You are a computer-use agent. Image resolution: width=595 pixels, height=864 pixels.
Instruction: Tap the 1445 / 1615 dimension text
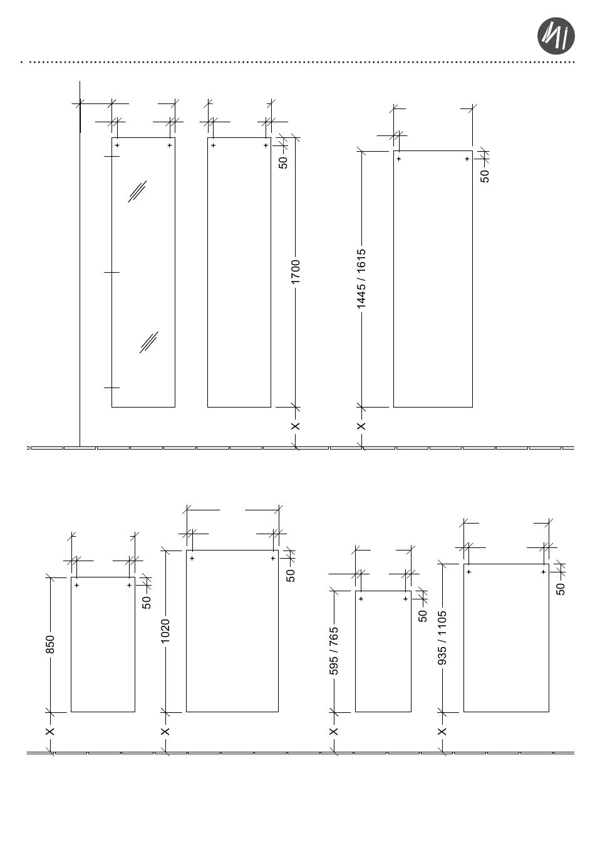361,279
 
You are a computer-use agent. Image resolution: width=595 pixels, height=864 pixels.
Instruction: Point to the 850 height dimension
51,644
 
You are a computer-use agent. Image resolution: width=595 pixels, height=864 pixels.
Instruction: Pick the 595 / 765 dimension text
334,651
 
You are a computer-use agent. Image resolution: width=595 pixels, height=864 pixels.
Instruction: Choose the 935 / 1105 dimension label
443,638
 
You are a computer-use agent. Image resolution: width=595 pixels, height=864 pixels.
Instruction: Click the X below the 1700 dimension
296,426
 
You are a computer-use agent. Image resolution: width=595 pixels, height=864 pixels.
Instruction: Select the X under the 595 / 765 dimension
334,731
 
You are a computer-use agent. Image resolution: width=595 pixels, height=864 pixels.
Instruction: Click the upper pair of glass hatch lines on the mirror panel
137,191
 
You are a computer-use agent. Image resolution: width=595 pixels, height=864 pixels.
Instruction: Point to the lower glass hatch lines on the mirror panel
149,342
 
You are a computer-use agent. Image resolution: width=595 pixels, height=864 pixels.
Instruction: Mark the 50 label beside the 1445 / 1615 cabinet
485,176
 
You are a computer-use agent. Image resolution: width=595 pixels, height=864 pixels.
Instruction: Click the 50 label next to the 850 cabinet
147,602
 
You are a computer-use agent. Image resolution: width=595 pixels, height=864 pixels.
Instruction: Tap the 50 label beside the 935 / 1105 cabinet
561,589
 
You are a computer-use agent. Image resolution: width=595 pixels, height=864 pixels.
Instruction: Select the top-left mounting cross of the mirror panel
117,145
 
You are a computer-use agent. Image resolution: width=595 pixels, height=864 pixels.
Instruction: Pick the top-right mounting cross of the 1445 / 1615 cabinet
467,159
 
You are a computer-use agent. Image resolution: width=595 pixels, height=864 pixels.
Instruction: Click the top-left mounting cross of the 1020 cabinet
192,558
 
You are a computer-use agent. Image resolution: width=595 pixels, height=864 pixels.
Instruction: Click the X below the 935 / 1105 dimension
443,731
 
